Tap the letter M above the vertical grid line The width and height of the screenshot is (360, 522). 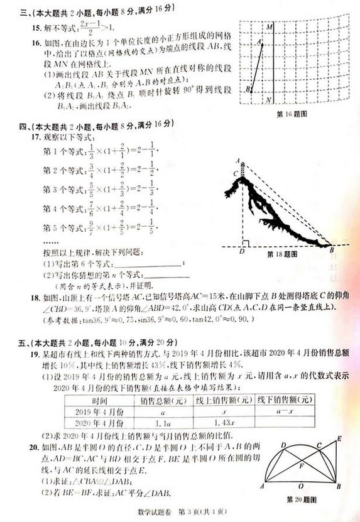click(x=269, y=28)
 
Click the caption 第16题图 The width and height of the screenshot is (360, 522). click(x=291, y=115)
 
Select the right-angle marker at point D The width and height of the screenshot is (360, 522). click(x=247, y=242)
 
